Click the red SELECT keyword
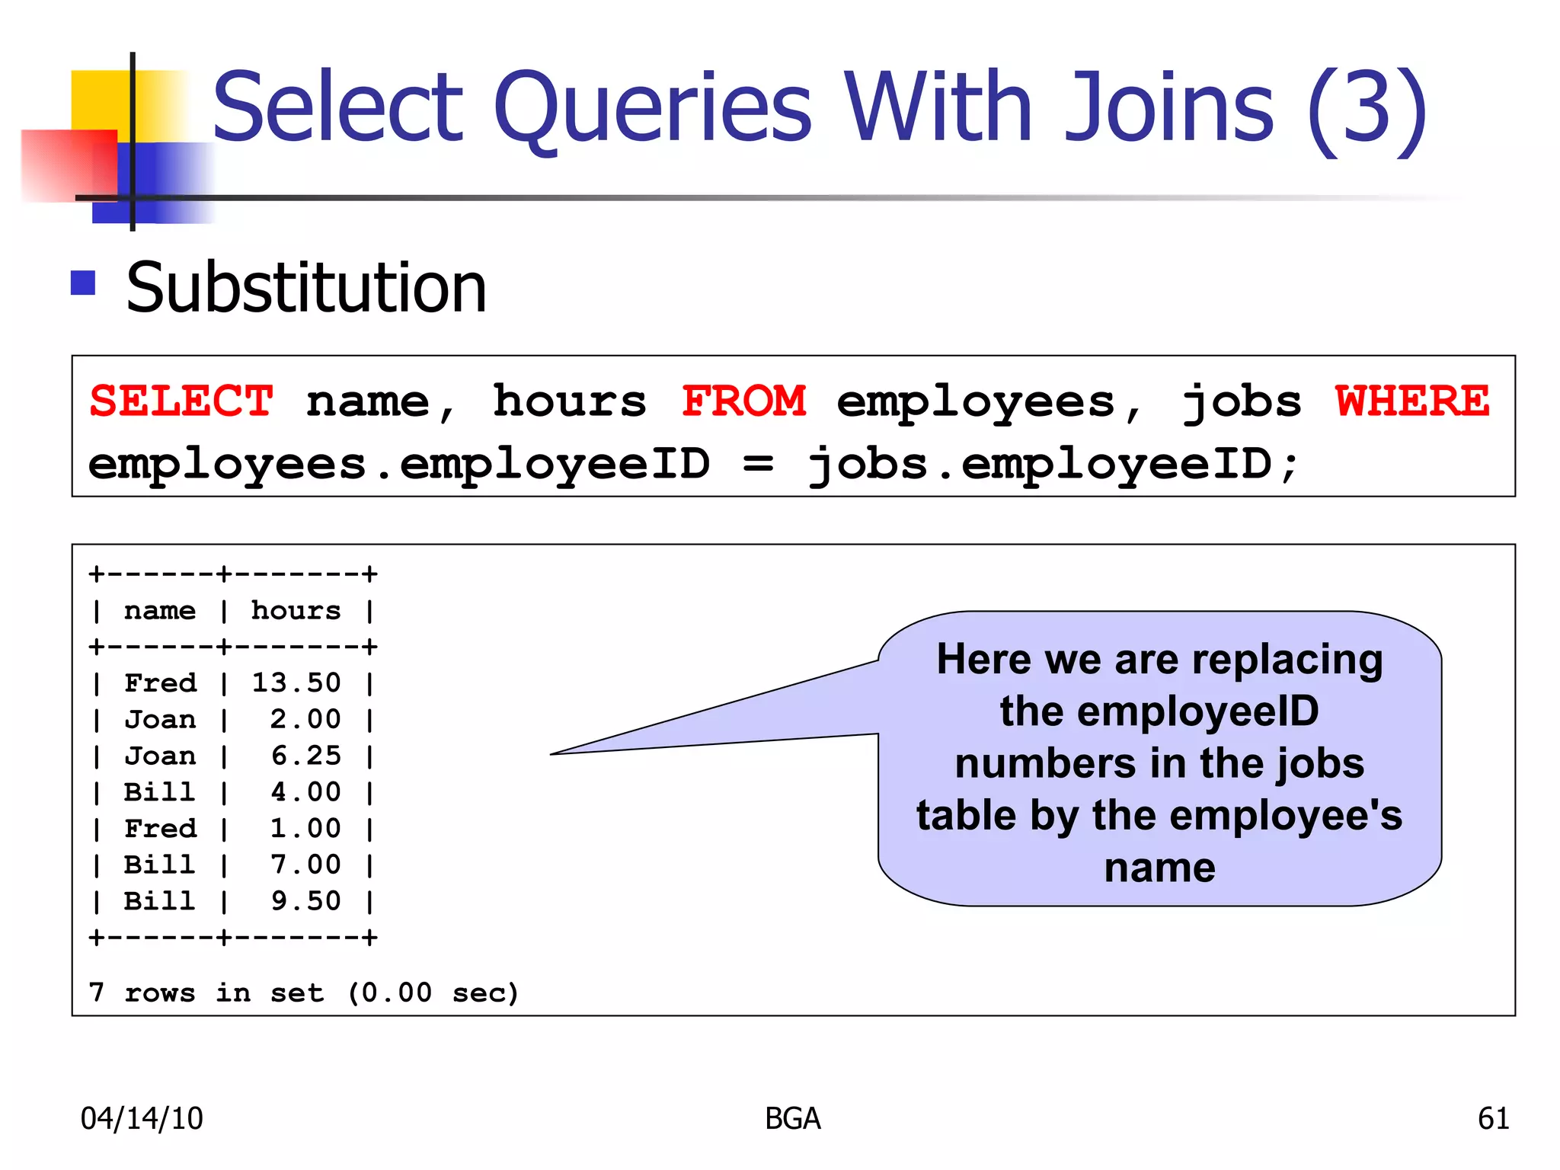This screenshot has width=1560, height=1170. pos(181,401)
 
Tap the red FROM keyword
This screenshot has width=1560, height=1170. pos(743,401)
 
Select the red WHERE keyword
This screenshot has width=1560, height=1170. pos(1412,401)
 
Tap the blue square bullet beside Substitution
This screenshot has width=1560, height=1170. pos(83,283)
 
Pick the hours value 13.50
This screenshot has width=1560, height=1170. pos(296,682)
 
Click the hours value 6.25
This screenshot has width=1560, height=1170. pos(305,756)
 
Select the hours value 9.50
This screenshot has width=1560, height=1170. pos(305,901)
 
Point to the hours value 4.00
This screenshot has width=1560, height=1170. pos(305,792)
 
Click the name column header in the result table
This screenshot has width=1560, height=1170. pos(160,610)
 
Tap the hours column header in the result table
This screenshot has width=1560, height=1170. pos(296,610)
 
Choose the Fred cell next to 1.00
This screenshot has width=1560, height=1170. pos(160,828)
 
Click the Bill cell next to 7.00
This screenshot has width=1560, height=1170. pos(160,865)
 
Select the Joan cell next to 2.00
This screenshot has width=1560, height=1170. pos(160,719)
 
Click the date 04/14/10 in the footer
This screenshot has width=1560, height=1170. pos(142,1118)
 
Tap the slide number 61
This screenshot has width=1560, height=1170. pos(1493,1118)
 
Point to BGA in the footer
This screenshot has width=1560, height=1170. pos(793,1118)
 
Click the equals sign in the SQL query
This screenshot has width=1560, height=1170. pos(758,464)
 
